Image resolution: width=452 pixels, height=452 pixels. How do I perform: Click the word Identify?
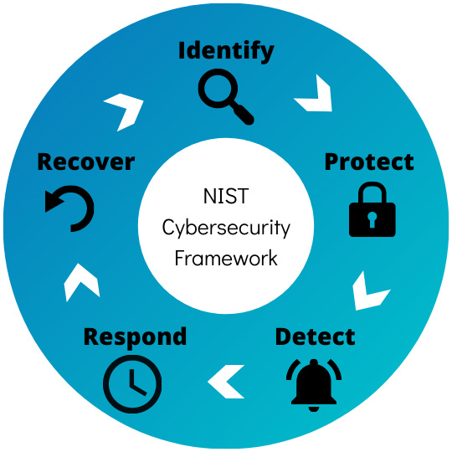pos(226,51)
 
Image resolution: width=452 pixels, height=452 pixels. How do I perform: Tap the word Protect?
pos(369,162)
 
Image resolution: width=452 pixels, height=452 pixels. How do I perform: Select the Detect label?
pos(315,336)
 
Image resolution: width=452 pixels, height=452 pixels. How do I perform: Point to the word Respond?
pos(135,337)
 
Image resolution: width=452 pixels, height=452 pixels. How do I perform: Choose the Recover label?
pos(86,162)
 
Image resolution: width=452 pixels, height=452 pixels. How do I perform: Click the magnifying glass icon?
pos(226,96)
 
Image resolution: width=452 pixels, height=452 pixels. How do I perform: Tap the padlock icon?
pos(372,209)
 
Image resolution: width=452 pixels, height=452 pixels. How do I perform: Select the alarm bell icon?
pos(314,385)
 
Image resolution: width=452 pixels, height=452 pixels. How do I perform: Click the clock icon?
pos(132,384)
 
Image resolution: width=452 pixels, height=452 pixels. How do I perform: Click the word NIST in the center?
pos(226,197)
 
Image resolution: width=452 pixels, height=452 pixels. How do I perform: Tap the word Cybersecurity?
pos(226,228)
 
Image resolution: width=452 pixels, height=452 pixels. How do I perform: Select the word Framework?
pos(226,259)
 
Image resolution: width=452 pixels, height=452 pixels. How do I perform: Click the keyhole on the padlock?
pos(372,219)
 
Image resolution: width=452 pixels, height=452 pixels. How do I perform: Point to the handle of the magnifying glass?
pos(243,114)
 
